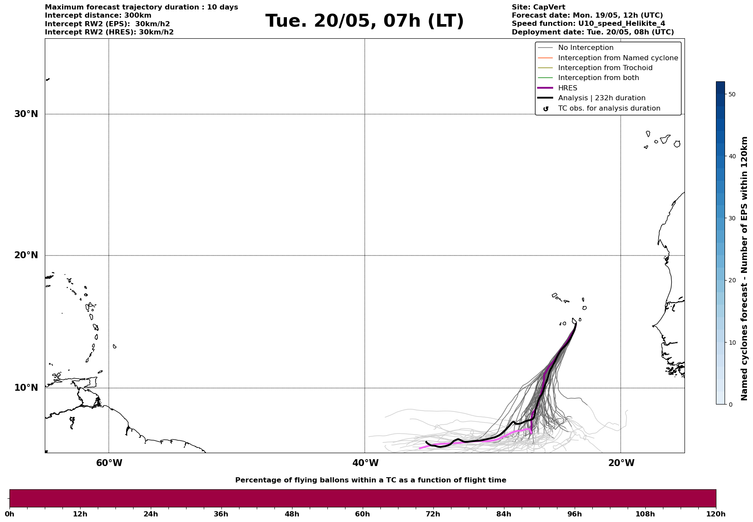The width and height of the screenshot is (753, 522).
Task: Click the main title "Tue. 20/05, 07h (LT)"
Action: tap(364, 21)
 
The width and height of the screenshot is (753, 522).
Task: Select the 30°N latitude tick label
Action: tap(26, 114)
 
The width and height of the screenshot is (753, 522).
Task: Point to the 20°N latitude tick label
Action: tap(26, 255)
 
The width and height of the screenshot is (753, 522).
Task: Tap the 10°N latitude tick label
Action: tap(26, 388)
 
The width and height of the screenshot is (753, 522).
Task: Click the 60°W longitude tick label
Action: tap(109, 463)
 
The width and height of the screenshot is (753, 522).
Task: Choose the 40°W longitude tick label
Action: tap(365, 463)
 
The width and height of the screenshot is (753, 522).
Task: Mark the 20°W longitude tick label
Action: tap(621, 463)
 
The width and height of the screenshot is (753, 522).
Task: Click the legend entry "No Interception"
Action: tap(585, 48)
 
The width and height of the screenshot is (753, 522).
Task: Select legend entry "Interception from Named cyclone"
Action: tap(618, 58)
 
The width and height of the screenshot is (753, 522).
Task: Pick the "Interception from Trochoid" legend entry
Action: tap(605, 68)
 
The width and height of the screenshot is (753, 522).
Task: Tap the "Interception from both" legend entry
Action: tap(598, 78)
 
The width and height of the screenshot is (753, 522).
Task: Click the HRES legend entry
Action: tap(567, 88)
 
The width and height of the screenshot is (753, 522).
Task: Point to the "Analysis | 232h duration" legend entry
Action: tap(601, 98)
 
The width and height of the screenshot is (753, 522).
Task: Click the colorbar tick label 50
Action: tap(731, 94)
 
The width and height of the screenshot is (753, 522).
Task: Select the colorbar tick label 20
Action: tap(731, 281)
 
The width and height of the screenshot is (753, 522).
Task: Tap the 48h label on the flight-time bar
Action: tap(292, 514)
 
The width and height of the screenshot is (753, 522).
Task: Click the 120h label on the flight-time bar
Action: tap(716, 514)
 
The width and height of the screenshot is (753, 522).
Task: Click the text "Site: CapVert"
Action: tap(538, 7)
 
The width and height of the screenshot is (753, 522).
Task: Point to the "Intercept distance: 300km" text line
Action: tap(98, 15)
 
